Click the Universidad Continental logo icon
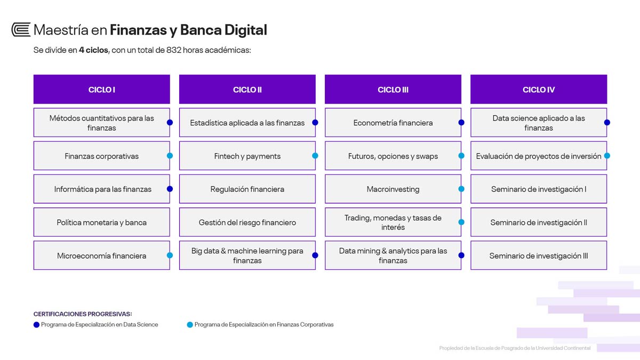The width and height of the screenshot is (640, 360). (21, 30)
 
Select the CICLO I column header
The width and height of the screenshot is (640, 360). (102, 90)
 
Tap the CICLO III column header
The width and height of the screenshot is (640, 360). (393, 90)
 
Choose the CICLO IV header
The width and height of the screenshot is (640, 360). (539, 90)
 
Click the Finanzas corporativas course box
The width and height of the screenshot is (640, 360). (102, 156)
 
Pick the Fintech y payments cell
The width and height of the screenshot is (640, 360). (247, 156)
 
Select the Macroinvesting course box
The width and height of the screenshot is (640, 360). (393, 189)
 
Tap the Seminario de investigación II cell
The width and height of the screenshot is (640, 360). (539, 222)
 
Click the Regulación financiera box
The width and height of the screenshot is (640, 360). (247, 189)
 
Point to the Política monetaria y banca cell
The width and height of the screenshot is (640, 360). (102, 222)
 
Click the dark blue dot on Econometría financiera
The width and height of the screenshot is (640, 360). (461, 123)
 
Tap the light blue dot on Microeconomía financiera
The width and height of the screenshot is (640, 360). (170, 255)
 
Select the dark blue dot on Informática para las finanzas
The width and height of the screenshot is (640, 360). (170, 189)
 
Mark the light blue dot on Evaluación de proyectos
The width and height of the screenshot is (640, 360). (607, 156)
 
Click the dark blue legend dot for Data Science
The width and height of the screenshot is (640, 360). (36, 325)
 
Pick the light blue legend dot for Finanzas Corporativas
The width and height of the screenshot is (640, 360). (190, 325)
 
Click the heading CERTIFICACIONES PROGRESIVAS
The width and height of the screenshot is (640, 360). (83, 314)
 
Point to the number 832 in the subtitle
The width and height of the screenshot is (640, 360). (174, 50)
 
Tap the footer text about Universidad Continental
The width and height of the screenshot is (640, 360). (515, 348)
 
